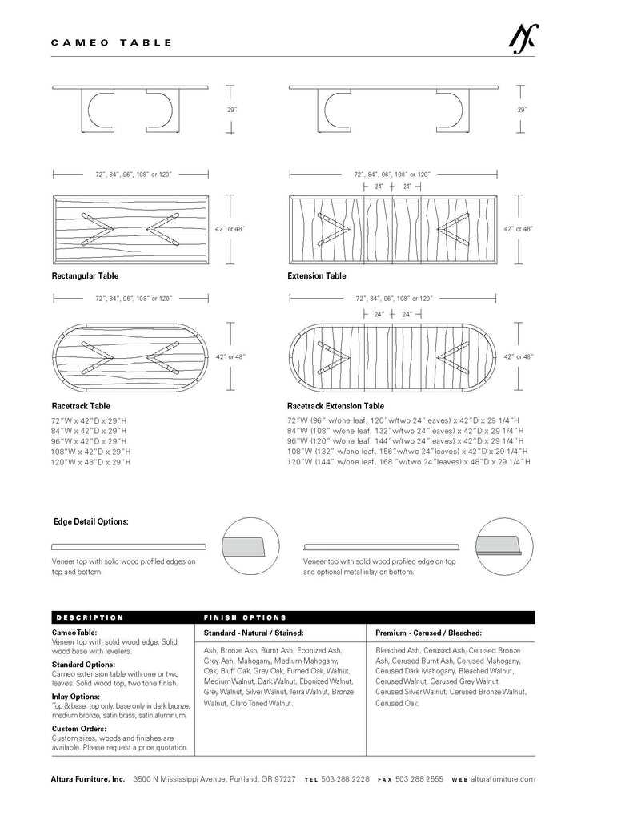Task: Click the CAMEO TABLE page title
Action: click(x=111, y=42)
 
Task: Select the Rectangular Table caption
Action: click(x=85, y=276)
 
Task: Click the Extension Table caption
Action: click(x=317, y=276)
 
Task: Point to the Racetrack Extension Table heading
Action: click(x=335, y=406)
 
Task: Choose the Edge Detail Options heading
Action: click(x=90, y=521)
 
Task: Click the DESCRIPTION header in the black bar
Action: click(x=90, y=617)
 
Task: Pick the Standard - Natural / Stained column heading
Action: click(x=254, y=633)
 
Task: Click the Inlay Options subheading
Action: click(x=75, y=697)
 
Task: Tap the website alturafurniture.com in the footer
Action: click(x=503, y=778)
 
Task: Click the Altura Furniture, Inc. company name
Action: click(x=88, y=778)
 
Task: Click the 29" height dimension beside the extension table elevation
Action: click(x=522, y=109)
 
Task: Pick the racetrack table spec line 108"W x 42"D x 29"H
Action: click(x=91, y=452)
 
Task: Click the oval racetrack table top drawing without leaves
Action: click(x=130, y=357)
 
